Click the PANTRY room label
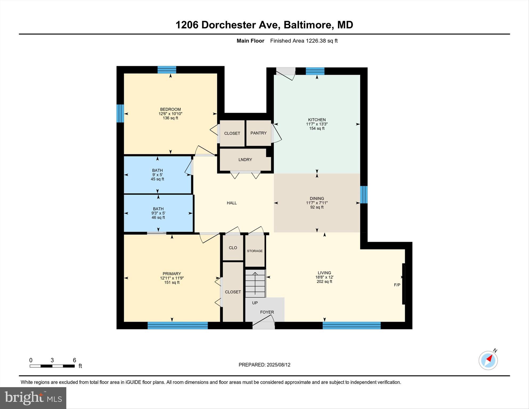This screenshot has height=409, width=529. click(x=258, y=133)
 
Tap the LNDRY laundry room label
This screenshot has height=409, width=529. click(x=245, y=160)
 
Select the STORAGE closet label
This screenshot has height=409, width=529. click(x=255, y=251)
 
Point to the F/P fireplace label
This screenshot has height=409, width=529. click(x=397, y=285)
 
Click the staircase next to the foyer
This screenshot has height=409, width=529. click(x=255, y=283)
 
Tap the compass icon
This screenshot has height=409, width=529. click(x=488, y=360)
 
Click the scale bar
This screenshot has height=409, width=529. click(x=52, y=366)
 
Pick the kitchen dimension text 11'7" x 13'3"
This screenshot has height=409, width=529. click(x=317, y=124)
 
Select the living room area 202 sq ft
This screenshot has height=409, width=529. click(x=324, y=282)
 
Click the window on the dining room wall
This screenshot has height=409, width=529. click(x=364, y=195)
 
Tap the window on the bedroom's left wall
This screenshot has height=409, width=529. click(x=120, y=113)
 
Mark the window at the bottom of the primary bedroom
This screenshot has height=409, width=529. click(x=178, y=325)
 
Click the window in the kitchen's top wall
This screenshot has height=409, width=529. click(x=315, y=71)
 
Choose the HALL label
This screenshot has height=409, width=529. click(x=232, y=203)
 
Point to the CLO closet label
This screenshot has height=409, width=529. click(x=233, y=248)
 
